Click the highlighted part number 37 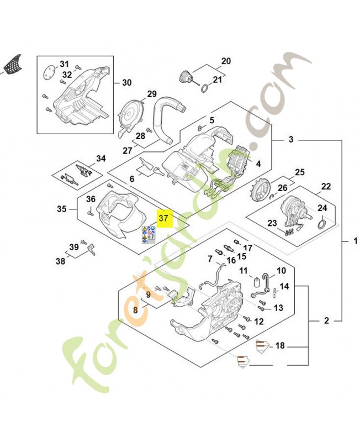pos(164,218)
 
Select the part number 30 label pos(126,83)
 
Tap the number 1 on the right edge pos(356,241)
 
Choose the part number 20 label pos(226,61)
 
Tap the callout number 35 pos(61,209)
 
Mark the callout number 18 pos(280,346)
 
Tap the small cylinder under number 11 pos(256,285)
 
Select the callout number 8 pos(135,311)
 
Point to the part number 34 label pos(100,159)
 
